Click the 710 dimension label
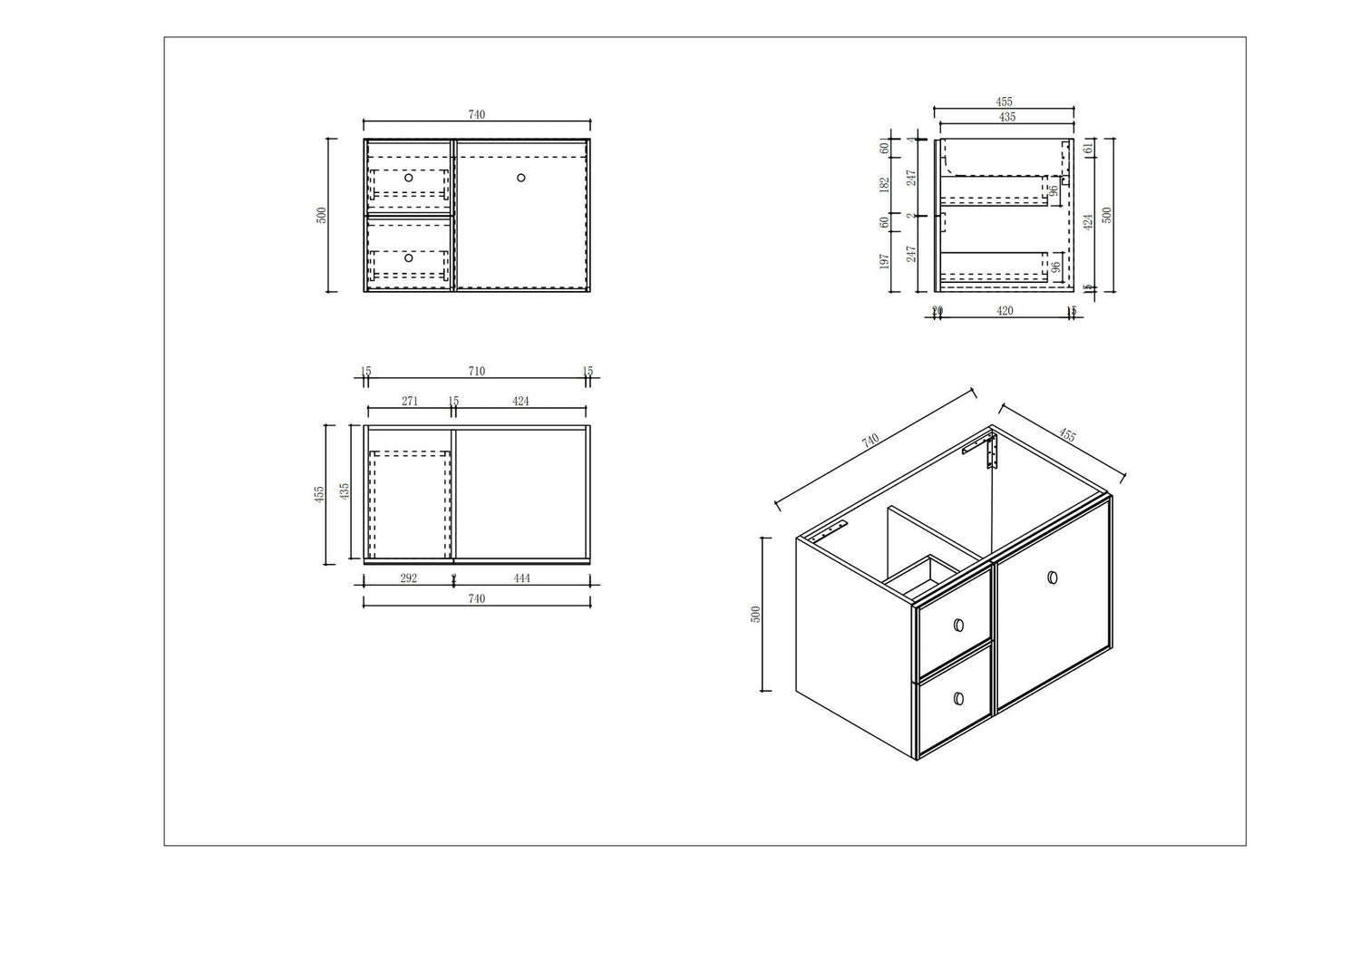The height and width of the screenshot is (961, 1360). (x=477, y=372)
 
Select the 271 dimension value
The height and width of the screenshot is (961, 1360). (x=409, y=401)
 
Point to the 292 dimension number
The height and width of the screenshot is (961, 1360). (x=408, y=578)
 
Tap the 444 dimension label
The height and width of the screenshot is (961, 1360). (x=520, y=578)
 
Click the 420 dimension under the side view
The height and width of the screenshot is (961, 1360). (x=1005, y=311)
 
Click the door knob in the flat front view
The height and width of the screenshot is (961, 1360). (x=521, y=178)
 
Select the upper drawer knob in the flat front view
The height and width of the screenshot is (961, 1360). (x=409, y=178)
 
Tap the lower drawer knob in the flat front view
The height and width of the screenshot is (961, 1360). (x=409, y=258)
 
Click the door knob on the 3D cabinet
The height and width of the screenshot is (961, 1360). (x=1052, y=578)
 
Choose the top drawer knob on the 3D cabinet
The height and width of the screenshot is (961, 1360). (x=958, y=625)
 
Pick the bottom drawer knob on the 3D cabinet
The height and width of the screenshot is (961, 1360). (x=958, y=698)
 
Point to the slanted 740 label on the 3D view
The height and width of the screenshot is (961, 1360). (x=870, y=441)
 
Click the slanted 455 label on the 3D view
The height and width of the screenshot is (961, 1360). (x=1067, y=436)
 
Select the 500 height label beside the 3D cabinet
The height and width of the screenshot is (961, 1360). (x=755, y=615)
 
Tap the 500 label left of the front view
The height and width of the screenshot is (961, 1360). (x=321, y=216)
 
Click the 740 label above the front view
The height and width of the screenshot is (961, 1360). (x=477, y=115)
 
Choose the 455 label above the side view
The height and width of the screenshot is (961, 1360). (x=1005, y=102)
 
